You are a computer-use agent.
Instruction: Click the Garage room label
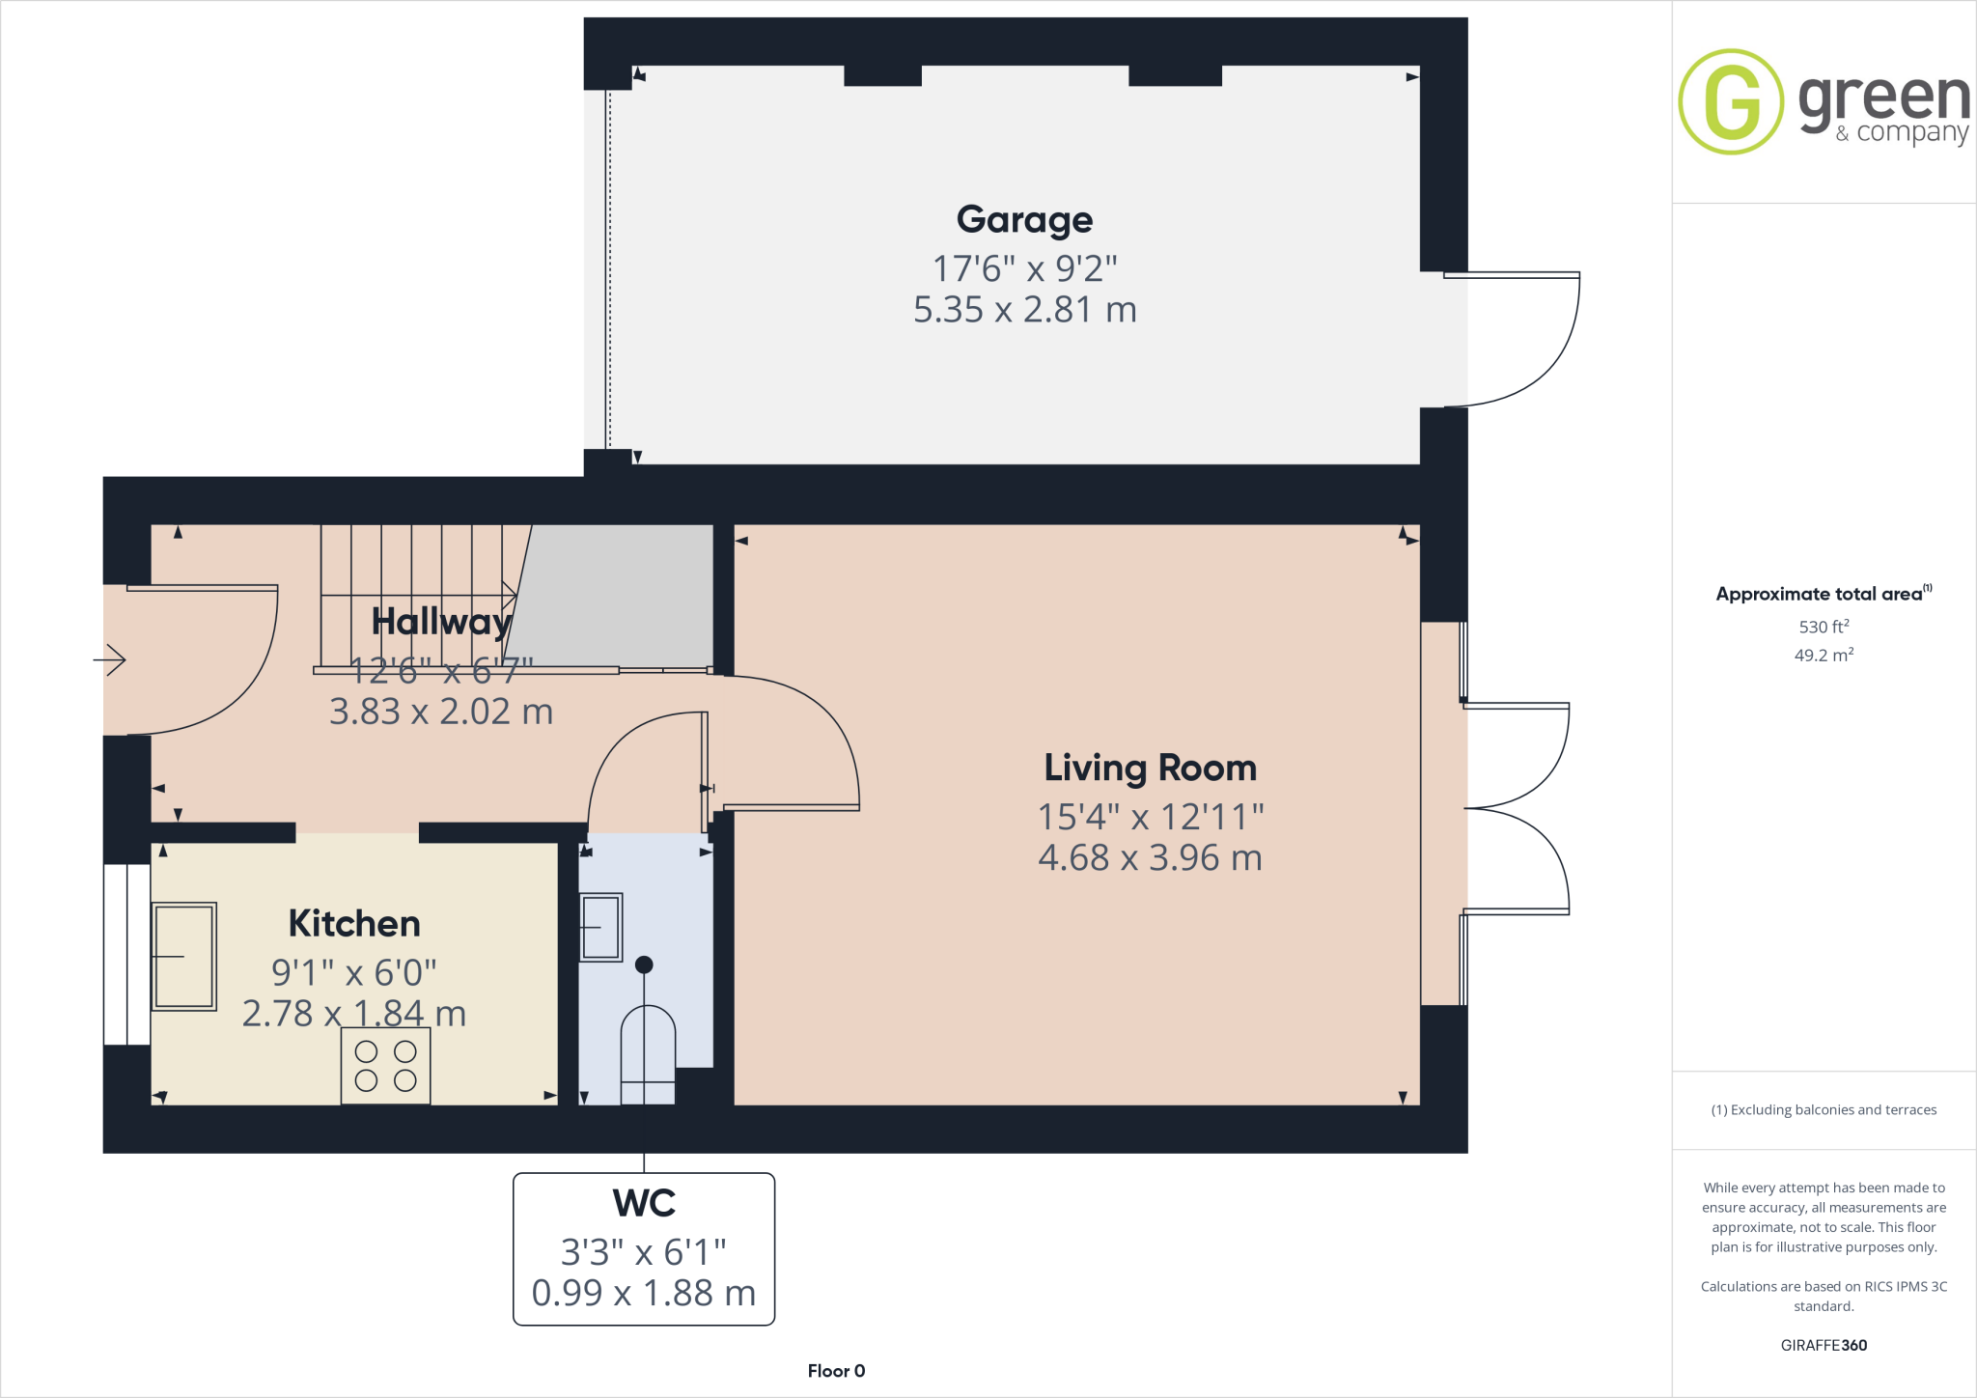pyautogui.click(x=1024, y=220)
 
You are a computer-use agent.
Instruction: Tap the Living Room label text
pyautogui.click(x=1150, y=769)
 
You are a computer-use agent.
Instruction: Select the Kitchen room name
pyautogui.click(x=354, y=924)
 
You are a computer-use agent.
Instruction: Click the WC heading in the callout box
pyautogui.click(x=644, y=1204)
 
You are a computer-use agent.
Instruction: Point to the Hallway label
pyautogui.click(x=441, y=622)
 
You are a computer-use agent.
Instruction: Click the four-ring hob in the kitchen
pyautogui.click(x=385, y=1066)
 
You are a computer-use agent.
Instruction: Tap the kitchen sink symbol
pyautogui.click(x=184, y=956)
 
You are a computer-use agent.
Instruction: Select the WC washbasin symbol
pyautogui.click(x=600, y=927)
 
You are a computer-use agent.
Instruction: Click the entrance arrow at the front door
pyautogui.click(x=111, y=660)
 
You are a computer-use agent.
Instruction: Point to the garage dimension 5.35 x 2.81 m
pyautogui.click(x=1024, y=310)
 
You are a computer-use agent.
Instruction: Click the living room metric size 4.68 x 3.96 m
pyautogui.click(x=1150, y=857)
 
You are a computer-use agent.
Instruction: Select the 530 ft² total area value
pyautogui.click(x=1824, y=627)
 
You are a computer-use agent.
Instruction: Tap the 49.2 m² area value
pyautogui.click(x=1824, y=656)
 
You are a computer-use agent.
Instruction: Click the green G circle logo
pyautogui.click(x=1731, y=101)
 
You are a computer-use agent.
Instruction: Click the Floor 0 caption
pyautogui.click(x=836, y=1371)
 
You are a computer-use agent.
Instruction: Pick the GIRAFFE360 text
pyautogui.click(x=1824, y=1345)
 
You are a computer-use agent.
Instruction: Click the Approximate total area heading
pyautogui.click(x=1820, y=595)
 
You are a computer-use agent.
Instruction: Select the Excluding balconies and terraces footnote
pyautogui.click(x=1824, y=1110)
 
